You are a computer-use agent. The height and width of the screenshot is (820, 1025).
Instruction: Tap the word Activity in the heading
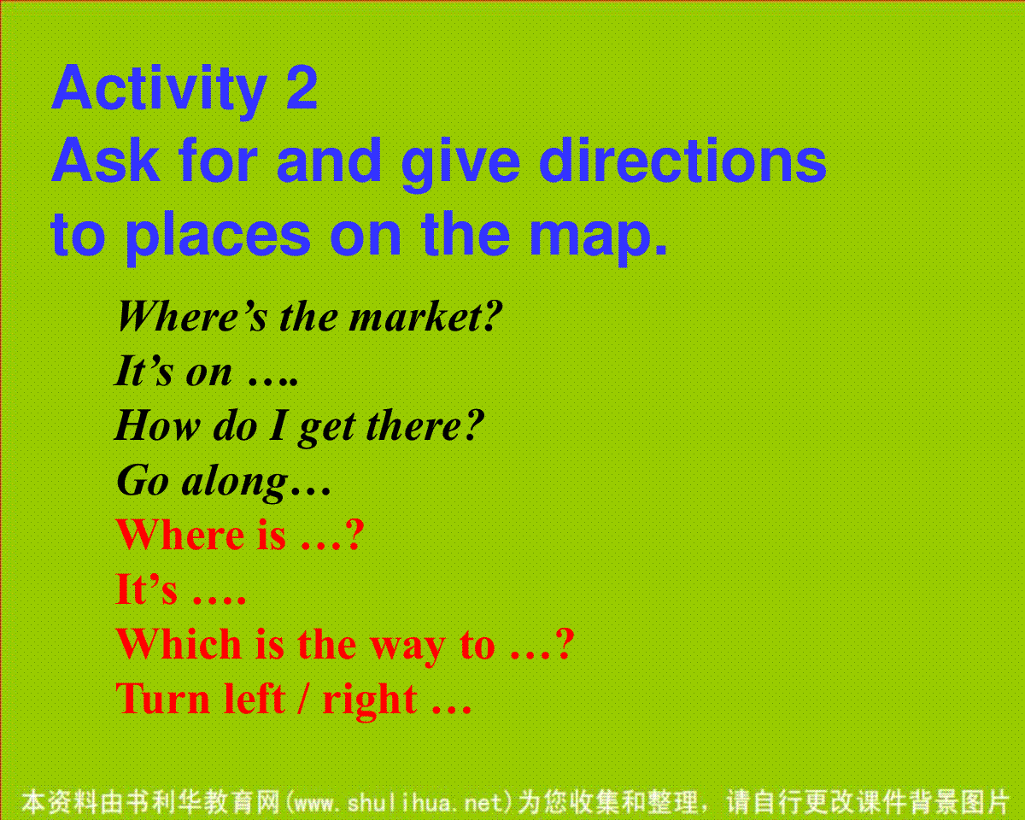[160, 91]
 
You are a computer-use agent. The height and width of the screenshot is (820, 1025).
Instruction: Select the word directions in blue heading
[682, 161]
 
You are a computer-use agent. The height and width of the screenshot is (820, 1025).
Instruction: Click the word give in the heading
[460, 165]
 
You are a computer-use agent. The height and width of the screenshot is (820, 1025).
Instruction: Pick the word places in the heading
[218, 237]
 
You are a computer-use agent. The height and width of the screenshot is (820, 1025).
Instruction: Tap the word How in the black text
[157, 425]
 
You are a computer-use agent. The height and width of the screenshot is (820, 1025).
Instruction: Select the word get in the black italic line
[327, 430]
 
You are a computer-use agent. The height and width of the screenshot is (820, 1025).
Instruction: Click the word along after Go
[235, 483]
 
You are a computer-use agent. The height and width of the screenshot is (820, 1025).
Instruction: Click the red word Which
[179, 644]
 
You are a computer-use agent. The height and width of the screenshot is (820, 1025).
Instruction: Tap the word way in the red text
[407, 649]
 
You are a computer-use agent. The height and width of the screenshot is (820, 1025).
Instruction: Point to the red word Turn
[162, 699]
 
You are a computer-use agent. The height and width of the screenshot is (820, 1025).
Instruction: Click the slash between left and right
[302, 699]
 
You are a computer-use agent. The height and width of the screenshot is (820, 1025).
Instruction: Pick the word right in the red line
[370, 702]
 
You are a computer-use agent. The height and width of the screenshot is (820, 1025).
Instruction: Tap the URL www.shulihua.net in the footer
[399, 803]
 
